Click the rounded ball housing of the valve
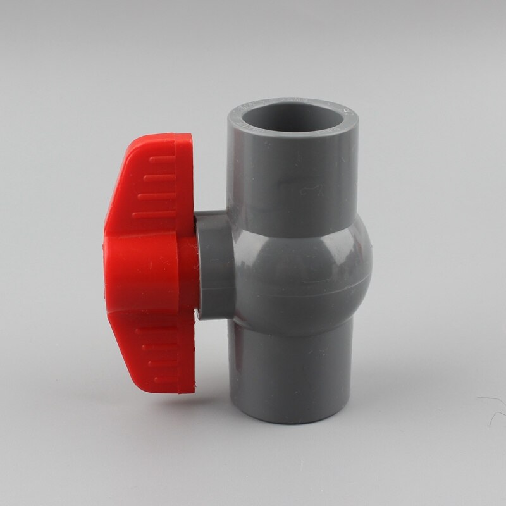(x=304, y=266)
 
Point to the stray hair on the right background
(x=492, y=408)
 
